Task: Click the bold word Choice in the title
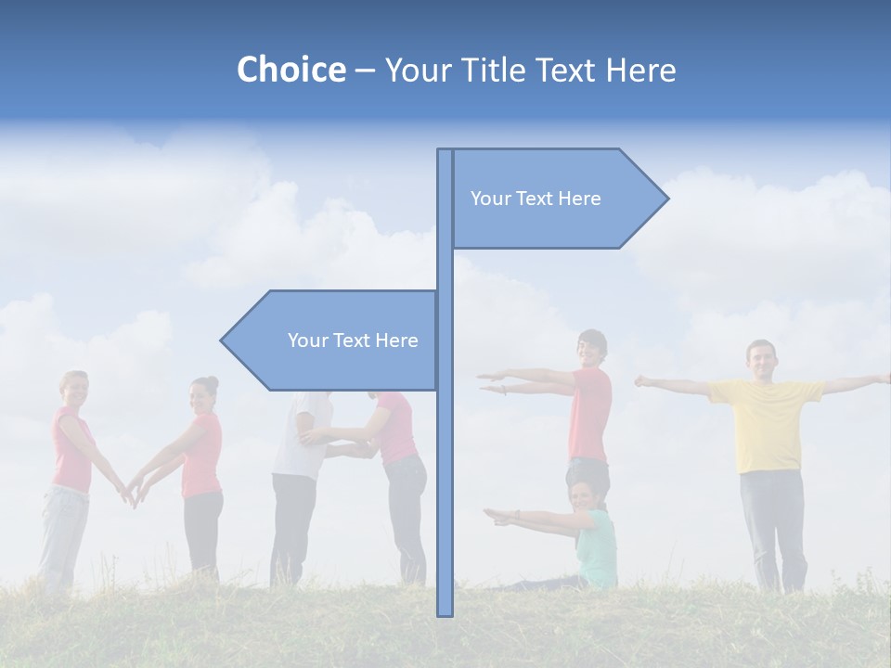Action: coord(291,70)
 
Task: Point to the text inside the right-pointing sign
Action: coord(536,199)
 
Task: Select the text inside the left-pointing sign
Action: coord(353,340)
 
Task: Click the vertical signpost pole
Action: coord(445,464)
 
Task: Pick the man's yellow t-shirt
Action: coord(767,422)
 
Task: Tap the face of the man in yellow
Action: coord(761,360)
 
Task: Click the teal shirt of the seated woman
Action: coord(599,547)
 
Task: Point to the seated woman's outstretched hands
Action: coord(497,516)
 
